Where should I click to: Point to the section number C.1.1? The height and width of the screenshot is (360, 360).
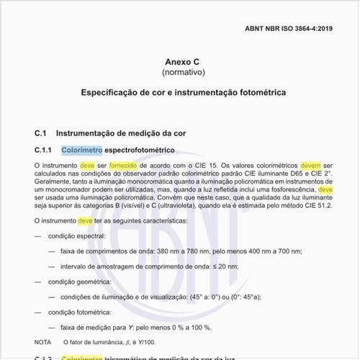tap(45, 150)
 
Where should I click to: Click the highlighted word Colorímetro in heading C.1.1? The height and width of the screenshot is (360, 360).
tap(81, 150)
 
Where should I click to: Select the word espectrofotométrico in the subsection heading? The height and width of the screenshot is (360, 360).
tap(140, 150)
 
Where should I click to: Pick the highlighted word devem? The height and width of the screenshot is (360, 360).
tap(310, 166)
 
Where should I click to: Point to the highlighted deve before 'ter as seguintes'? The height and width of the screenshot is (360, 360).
tap(85, 221)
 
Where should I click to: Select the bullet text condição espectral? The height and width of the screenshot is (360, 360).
tap(76, 236)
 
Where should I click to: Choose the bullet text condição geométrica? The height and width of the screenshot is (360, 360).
tap(78, 282)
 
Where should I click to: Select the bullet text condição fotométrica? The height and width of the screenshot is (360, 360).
tap(79, 312)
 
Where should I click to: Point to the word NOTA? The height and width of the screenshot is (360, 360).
tap(42, 342)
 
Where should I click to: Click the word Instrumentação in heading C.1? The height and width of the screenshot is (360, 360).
tap(87, 133)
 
